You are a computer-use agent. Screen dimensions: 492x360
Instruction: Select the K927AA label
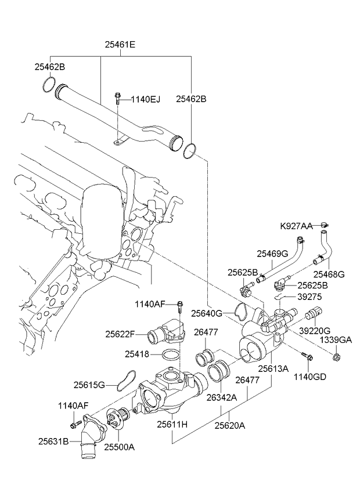click(x=296, y=225)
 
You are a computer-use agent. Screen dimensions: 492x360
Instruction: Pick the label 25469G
click(x=273, y=253)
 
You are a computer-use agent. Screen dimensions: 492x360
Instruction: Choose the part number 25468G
click(x=329, y=273)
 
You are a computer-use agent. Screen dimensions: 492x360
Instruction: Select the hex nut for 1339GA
click(x=337, y=353)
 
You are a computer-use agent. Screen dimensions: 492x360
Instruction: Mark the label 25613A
click(x=273, y=368)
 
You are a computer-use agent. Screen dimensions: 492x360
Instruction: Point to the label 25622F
click(x=120, y=334)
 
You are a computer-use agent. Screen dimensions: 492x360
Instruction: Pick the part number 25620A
click(x=230, y=425)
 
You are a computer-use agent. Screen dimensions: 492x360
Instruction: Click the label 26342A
click(x=221, y=397)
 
